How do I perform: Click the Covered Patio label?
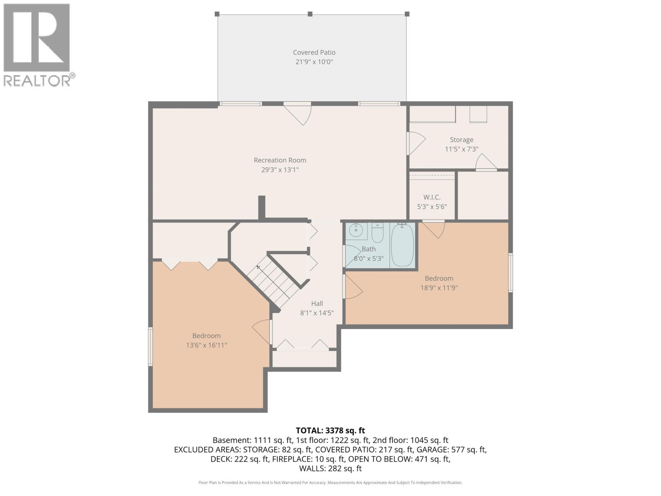click(x=314, y=52)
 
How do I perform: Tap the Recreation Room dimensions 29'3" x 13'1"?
click(x=280, y=170)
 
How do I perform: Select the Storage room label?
click(x=461, y=140)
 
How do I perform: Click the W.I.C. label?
click(x=432, y=197)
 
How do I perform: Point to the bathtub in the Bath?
click(x=402, y=246)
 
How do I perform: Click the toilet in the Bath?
click(x=377, y=234)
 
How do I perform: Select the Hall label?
click(x=317, y=303)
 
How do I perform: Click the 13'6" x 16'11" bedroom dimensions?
click(x=207, y=345)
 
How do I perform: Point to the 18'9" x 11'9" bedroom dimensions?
click(x=439, y=288)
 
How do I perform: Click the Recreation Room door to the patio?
click(x=300, y=113)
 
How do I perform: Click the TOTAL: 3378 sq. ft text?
click(x=330, y=430)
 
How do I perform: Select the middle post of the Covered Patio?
click(x=310, y=14)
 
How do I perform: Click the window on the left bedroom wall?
click(x=150, y=346)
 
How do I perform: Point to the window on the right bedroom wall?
click(x=511, y=272)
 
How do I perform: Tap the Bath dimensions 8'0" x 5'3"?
click(x=369, y=259)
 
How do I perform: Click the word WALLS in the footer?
click(x=312, y=468)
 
